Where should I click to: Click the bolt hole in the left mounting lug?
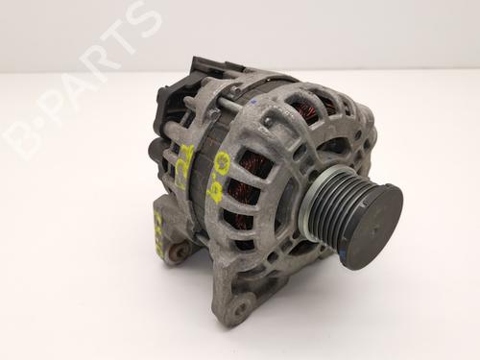177,252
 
